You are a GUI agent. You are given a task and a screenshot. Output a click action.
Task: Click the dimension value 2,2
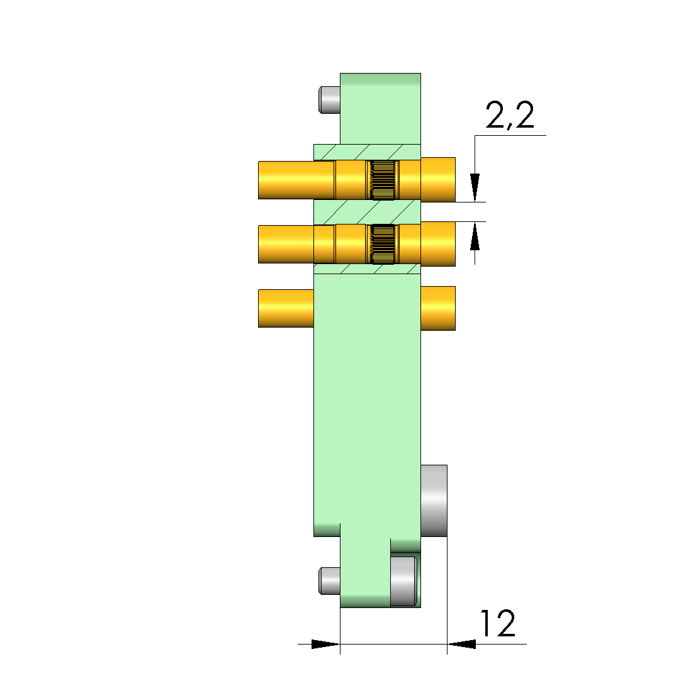tap(509, 115)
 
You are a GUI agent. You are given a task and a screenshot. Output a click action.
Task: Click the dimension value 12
tap(498, 623)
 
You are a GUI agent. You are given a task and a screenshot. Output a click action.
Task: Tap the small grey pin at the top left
tap(329, 100)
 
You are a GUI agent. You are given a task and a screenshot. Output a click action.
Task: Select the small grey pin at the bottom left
tap(329, 580)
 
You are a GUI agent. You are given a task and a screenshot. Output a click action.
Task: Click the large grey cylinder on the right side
tap(434, 501)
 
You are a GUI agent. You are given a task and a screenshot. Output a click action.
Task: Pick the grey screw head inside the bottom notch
tap(403, 581)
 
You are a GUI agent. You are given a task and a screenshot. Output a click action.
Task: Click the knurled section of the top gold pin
tap(383, 180)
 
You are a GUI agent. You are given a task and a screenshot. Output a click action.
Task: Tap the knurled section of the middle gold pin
tap(383, 244)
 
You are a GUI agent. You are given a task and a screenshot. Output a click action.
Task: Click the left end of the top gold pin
tap(259, 180)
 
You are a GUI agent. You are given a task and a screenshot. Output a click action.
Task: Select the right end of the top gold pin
tap(454, 180)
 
